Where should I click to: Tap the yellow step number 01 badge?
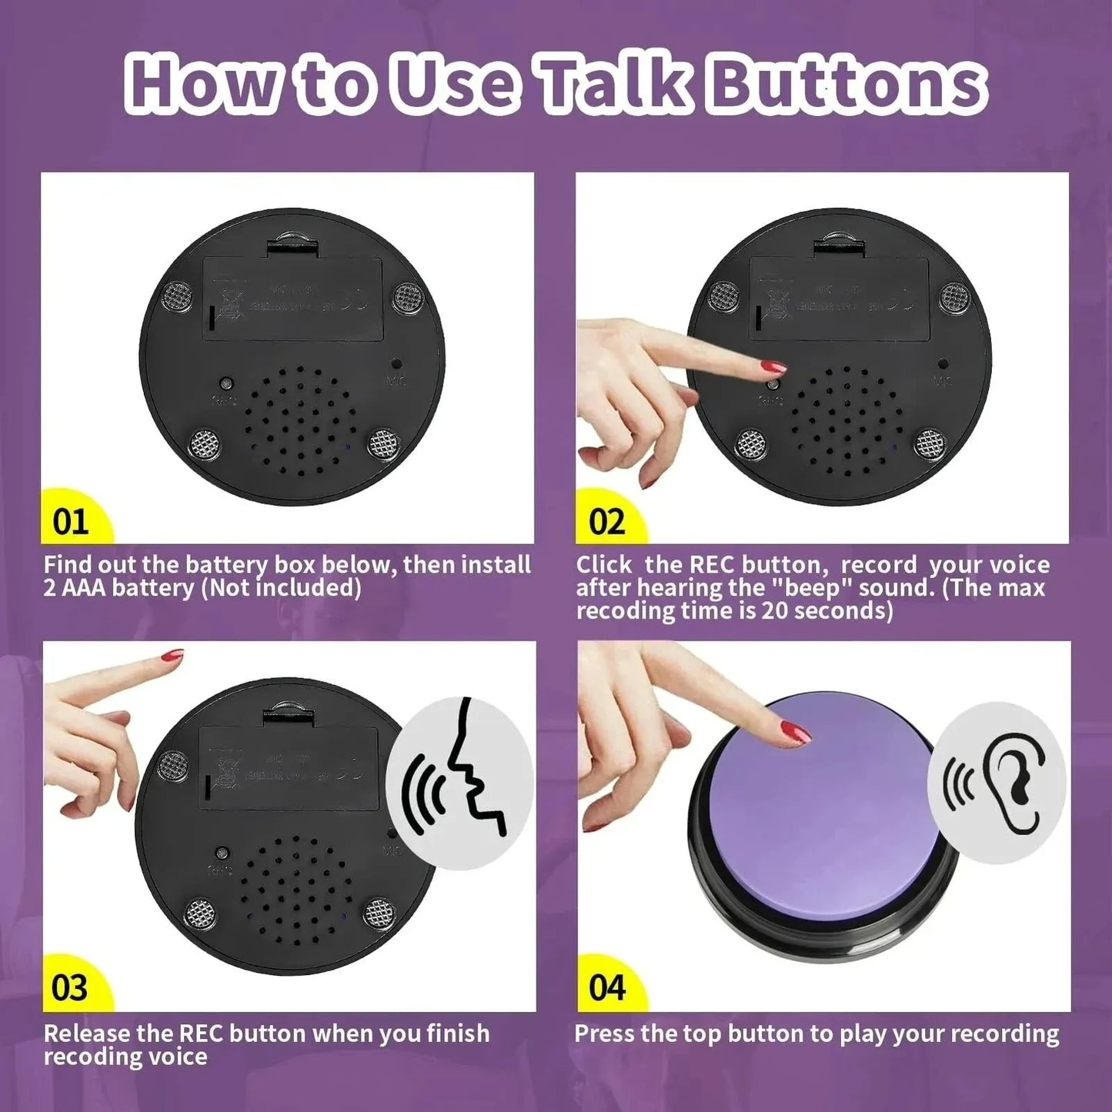pyautogui.click(x=71, y=521)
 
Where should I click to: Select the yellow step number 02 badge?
pyautogui.click(x=607, y=521)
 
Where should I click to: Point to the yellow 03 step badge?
pyautogui.click(x=70, y=987)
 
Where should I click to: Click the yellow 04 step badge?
pyautogui.click(x=607, y=987)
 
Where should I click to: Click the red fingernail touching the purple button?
pyautogui.click(x=796, y=730)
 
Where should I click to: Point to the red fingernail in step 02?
pyautogui.click(x=772, y=365)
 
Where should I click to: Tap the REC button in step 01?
pyautogui.click(x=226, y=383)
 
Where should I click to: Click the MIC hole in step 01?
pyautogui.click(x=396, y=363)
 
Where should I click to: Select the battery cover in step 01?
pyautogui.click(x=292, y=299)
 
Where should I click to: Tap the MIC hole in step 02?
pyautogui.click(x=943, y=363)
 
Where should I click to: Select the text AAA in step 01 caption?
pyautogui.click(x=84, y=588)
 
